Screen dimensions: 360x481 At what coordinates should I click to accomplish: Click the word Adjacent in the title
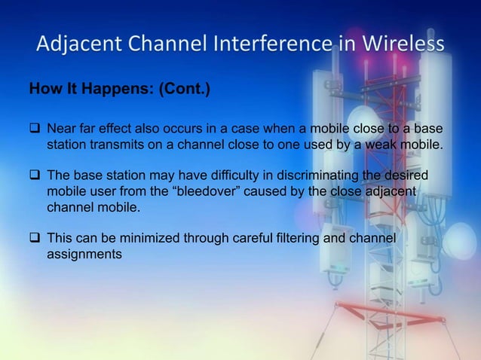point(74,46)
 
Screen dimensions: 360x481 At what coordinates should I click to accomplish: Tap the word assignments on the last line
point(84,255)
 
